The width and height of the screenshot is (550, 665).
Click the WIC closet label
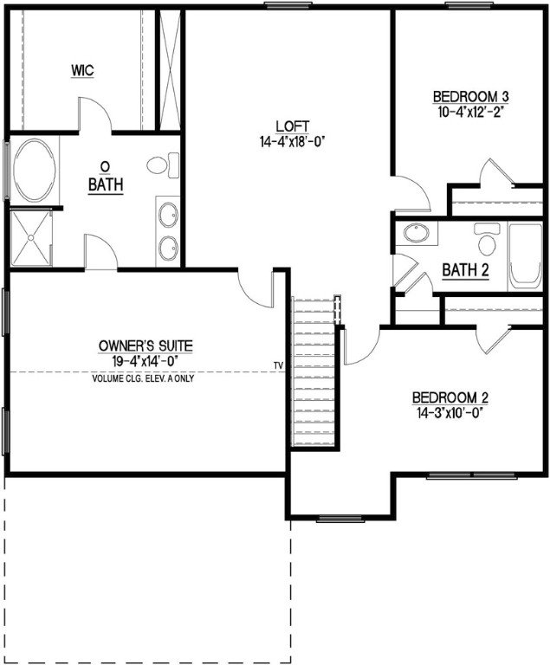82,68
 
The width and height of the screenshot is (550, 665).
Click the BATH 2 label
466,270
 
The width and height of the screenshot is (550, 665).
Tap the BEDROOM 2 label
450,398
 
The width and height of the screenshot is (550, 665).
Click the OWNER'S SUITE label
146,345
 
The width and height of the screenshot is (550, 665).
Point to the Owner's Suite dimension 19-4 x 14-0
146,360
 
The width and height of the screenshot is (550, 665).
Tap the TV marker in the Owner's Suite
278,365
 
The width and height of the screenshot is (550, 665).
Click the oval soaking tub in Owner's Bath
34,171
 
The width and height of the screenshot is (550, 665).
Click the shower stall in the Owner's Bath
31,238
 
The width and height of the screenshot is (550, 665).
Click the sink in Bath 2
417,234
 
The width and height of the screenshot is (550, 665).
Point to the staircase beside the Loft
314,372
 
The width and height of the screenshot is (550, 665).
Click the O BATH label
106,176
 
